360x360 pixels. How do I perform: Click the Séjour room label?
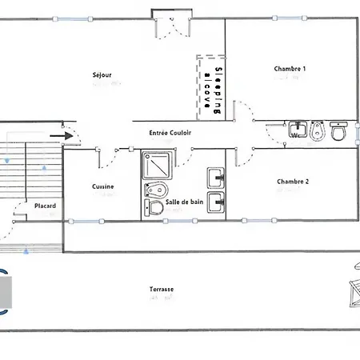[x=102, y=75]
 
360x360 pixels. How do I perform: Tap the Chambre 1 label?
[x=290, y=69]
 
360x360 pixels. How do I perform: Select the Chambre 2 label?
[x=293, y=182]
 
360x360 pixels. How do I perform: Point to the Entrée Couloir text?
[x=170, y=133]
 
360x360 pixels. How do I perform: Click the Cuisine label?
[x=103, y=186]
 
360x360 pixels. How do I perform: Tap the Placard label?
[x=46, y=206]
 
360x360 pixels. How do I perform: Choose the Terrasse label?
[x=162, y=290]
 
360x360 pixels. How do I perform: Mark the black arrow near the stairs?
[x=66, y=136]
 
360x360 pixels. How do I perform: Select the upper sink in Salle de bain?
[x=216, y=177]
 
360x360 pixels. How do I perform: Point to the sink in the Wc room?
[x=298, y=130]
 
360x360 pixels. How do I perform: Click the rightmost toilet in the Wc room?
[x=339, y=130]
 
